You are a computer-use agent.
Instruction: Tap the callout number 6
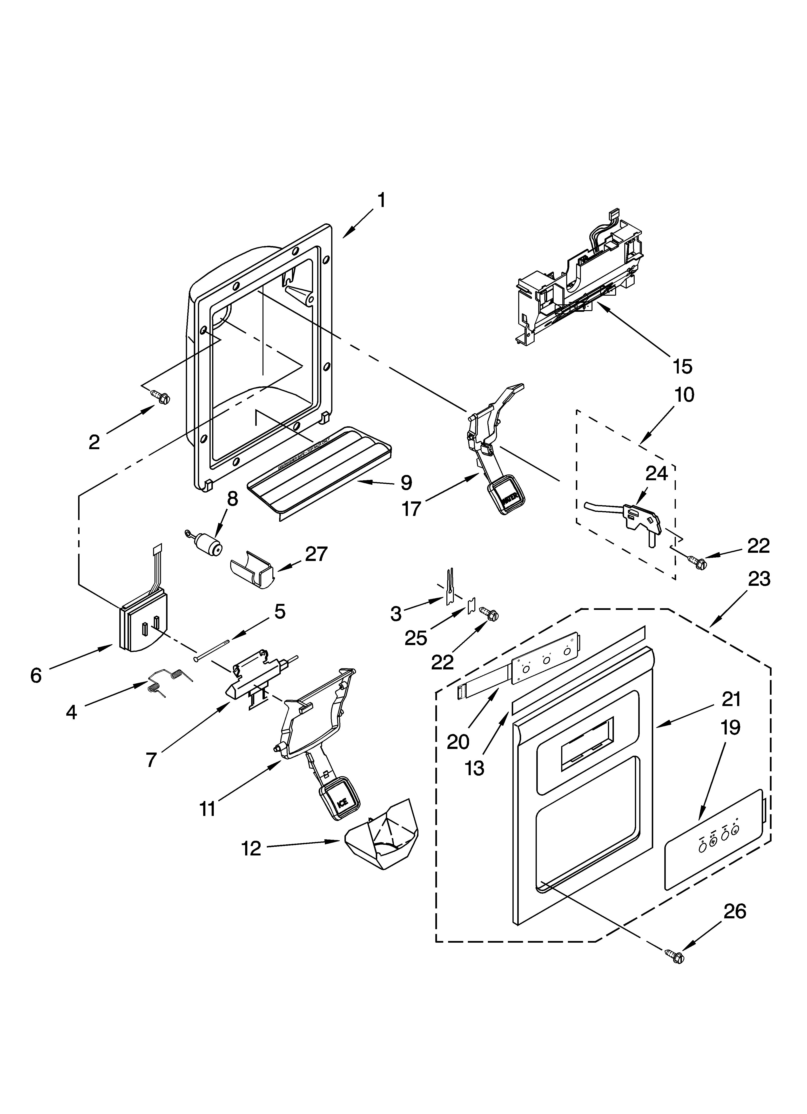(x=36, y=676)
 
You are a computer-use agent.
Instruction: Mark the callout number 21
(x=731, y=699)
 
